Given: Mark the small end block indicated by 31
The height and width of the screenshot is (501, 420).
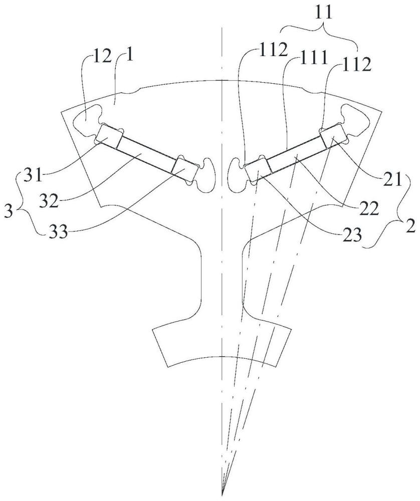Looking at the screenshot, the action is [x=109, y=136].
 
